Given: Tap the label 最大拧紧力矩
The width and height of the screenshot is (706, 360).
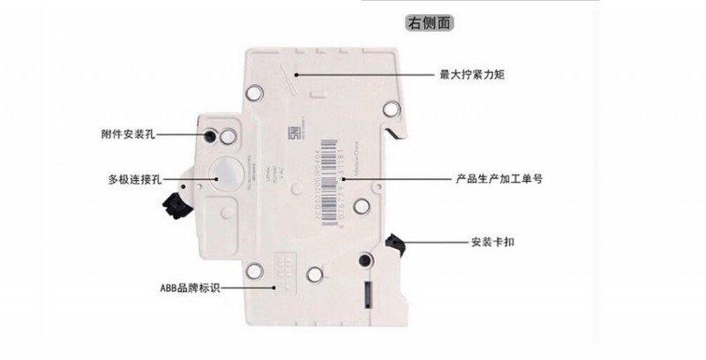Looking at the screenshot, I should click(472, 76).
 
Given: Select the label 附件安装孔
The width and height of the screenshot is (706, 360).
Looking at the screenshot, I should click(129, 135).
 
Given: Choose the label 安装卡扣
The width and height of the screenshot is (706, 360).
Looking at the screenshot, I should click(493, 242).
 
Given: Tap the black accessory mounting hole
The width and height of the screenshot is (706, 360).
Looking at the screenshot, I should click(213, 137).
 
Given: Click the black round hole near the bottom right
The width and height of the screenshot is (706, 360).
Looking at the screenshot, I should click(364, 259).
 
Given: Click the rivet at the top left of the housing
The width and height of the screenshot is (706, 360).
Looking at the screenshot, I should click(255, 91).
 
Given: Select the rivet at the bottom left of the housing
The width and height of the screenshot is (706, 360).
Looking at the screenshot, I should click(255, 274).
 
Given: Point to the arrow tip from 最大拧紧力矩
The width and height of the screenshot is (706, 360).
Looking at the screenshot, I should click(299, 76).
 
